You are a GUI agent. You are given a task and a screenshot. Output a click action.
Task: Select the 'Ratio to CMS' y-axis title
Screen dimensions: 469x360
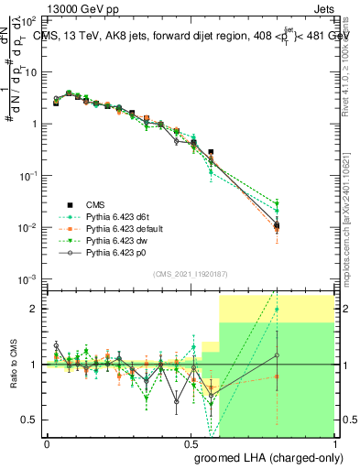tap(13, 365)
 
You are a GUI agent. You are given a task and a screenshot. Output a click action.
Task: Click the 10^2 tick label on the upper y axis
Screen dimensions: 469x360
tap(30, 20)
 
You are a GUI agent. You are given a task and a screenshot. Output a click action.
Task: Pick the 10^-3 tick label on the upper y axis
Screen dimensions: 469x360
tap(30, 278)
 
